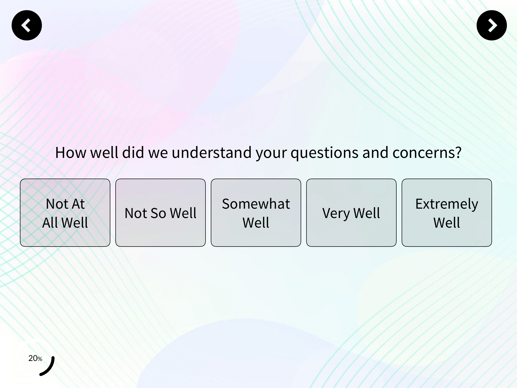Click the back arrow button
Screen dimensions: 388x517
[27, 25]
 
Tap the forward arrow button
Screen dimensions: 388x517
[492, 25]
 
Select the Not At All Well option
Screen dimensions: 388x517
[65, 213]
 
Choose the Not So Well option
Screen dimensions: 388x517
[161, 213]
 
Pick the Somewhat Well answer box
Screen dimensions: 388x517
[256, 213]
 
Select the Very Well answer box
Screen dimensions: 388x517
[351, 213]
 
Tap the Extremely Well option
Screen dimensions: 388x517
[447, 213]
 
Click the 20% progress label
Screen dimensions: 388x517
[35, 358]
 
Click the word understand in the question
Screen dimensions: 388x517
[212, 153]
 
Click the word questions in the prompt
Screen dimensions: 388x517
[324, 153]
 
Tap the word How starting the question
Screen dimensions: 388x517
[70, 153]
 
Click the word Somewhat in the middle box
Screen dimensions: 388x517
[256, 204]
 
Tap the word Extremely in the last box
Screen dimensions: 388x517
[447, 204]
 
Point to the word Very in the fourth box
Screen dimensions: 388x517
[336, 213]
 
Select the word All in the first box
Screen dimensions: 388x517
[50, 223]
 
